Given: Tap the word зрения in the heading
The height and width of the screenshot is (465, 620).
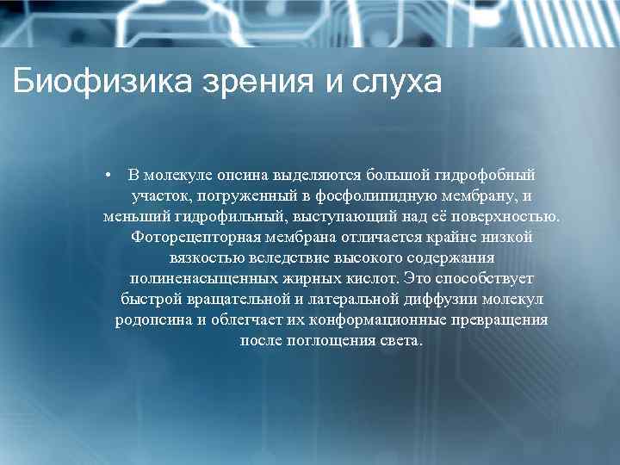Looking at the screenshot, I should click(255, 84).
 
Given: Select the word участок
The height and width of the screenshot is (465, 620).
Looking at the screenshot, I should click(159, 196).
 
